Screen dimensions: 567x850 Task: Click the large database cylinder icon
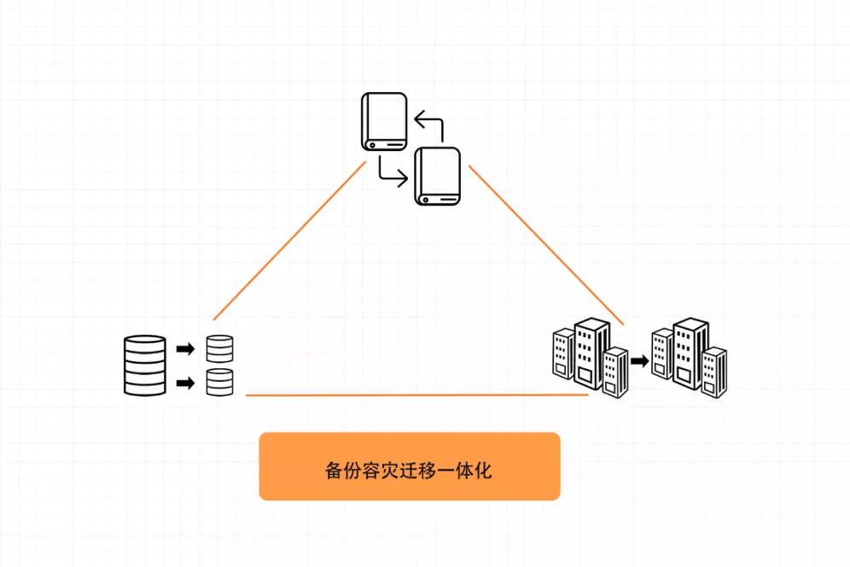145,365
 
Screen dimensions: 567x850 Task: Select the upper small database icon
219,349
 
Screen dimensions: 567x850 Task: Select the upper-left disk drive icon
383,122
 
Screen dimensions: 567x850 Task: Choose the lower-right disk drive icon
437,176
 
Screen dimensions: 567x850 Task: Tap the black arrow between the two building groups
639,361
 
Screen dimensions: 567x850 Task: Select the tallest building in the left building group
591,352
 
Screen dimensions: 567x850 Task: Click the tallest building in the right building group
690,352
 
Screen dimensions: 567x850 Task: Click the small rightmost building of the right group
714,371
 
